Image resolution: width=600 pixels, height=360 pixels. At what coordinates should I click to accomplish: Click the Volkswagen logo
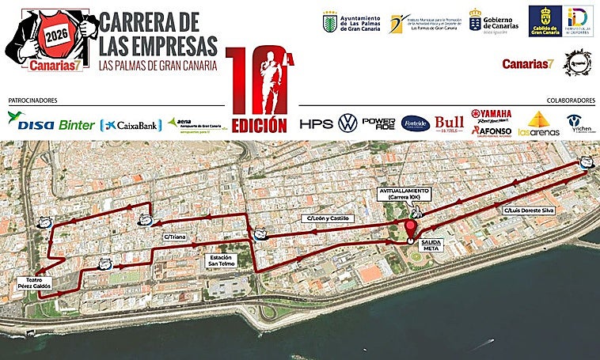[347, 123]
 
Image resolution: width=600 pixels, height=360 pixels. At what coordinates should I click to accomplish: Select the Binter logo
[76, 125]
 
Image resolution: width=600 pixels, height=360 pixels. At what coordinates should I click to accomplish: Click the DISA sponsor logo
[30, 123]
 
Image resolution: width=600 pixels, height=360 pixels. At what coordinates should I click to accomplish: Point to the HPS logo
[316, 124]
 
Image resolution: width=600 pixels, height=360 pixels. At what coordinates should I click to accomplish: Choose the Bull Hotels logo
[449, 123]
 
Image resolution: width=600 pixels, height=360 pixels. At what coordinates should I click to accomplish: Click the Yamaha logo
[491, 114]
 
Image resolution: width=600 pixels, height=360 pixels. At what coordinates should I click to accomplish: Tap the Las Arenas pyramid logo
[538, 124]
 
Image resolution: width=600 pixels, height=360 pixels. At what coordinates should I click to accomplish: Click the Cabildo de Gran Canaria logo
[545, 21]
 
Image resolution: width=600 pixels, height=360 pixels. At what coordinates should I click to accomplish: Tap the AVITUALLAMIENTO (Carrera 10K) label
[404, 195]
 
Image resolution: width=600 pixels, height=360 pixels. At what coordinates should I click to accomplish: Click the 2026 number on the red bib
[56, 36]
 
